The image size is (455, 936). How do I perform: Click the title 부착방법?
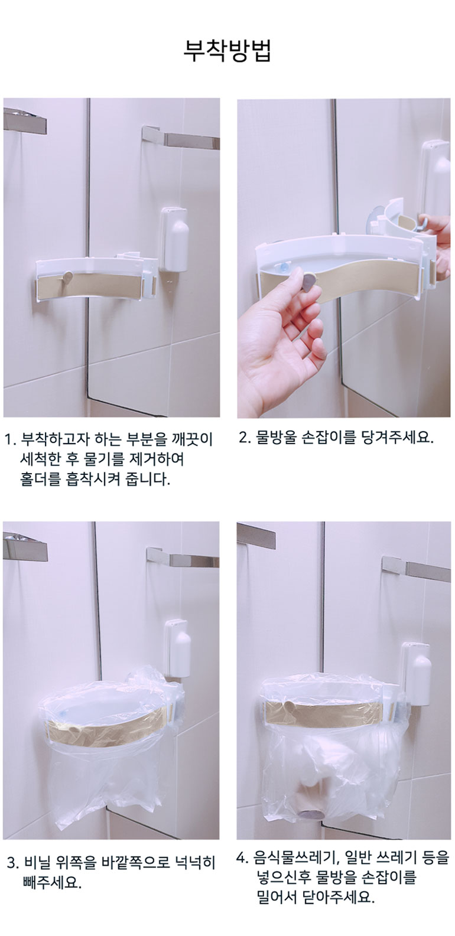click(x=227, y=51)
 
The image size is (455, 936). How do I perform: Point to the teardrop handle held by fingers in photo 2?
click(x=308, y=282)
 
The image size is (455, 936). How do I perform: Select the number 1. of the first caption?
click(x=11, y=439)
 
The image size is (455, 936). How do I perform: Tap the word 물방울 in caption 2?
click(x=275, y=438)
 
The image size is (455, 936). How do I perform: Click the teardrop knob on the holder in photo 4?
click(x=287, y=706)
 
